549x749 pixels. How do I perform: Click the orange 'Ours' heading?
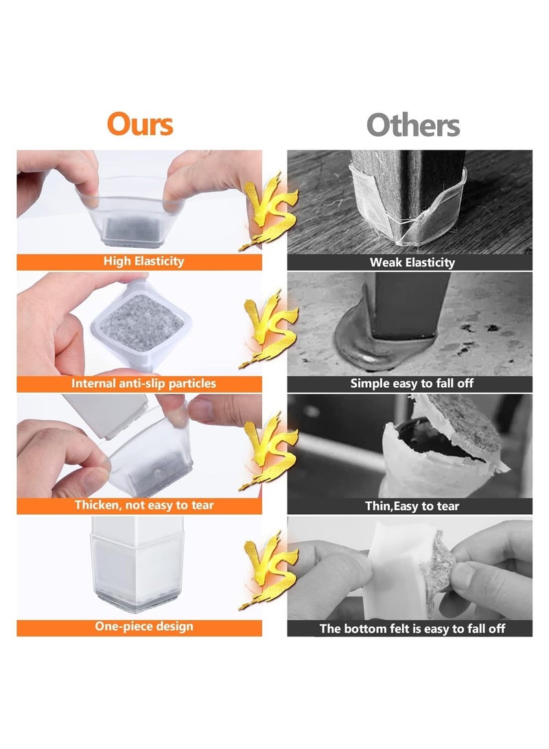139,124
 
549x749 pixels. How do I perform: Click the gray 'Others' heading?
412,126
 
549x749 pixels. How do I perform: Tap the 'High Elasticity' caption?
143,261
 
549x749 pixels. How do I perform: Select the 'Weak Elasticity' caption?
412,262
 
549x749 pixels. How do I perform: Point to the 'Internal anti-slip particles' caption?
143,383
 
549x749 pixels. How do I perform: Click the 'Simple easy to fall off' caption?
412,384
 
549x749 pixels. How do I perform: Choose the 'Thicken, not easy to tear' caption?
144,505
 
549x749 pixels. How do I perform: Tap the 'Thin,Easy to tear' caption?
412,507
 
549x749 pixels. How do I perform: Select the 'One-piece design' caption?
144,626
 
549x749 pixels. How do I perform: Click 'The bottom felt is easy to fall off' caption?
412,628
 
